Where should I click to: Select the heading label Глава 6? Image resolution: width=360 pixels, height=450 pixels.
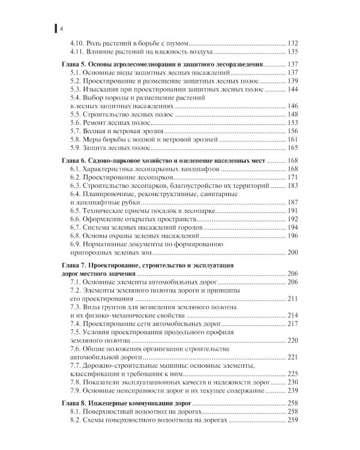coord(77,161)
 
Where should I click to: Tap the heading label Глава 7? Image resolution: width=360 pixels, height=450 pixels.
coord(77,264)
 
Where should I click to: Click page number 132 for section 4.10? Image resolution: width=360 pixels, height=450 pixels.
coord(293,44)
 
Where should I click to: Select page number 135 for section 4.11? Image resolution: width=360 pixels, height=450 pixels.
coord(293,52)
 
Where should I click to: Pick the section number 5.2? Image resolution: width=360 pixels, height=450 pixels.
coord(76,81)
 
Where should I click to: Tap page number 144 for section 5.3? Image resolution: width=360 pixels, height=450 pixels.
coord(293,89)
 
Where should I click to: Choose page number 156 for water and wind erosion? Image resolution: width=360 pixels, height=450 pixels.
coord(293,131)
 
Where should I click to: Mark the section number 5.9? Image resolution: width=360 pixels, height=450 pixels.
coord(76,148)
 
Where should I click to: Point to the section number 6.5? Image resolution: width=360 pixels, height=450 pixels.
coord(76,212)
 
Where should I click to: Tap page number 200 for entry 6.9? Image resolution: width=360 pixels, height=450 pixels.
coord(293,254)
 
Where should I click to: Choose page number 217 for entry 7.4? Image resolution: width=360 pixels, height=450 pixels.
coord(293,324)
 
